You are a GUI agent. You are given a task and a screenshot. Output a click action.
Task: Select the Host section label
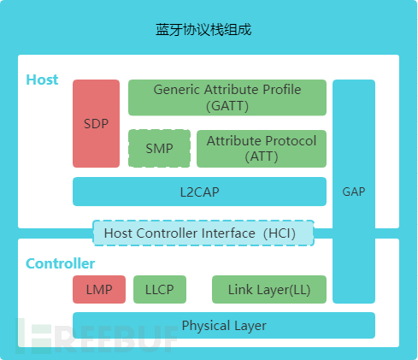point(42,80)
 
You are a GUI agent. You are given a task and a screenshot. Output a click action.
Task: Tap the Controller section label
point(60,263)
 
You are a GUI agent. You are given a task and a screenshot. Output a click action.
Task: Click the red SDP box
point(96,123)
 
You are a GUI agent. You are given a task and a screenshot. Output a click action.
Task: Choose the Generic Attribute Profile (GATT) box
point(227,97)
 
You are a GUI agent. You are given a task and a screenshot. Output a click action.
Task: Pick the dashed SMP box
point(158,148)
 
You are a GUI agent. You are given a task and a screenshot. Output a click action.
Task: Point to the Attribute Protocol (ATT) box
point(261,148)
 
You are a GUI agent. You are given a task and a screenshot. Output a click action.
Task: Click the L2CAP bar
point(199,192)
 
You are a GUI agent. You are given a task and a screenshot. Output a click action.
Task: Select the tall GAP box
point(353,192)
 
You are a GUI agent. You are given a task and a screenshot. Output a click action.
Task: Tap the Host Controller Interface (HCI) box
point(203,233)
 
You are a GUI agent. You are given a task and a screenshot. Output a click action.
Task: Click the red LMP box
point(98,290)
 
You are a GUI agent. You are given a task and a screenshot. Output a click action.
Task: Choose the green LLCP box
point(159,290)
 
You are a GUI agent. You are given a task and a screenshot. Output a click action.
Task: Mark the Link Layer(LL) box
point(268,290)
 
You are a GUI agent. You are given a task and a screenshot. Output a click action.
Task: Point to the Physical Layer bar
point(223,326)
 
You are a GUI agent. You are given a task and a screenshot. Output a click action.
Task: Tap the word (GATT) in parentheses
point(227,106)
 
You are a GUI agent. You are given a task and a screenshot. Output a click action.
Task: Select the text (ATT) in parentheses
point(261,156)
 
